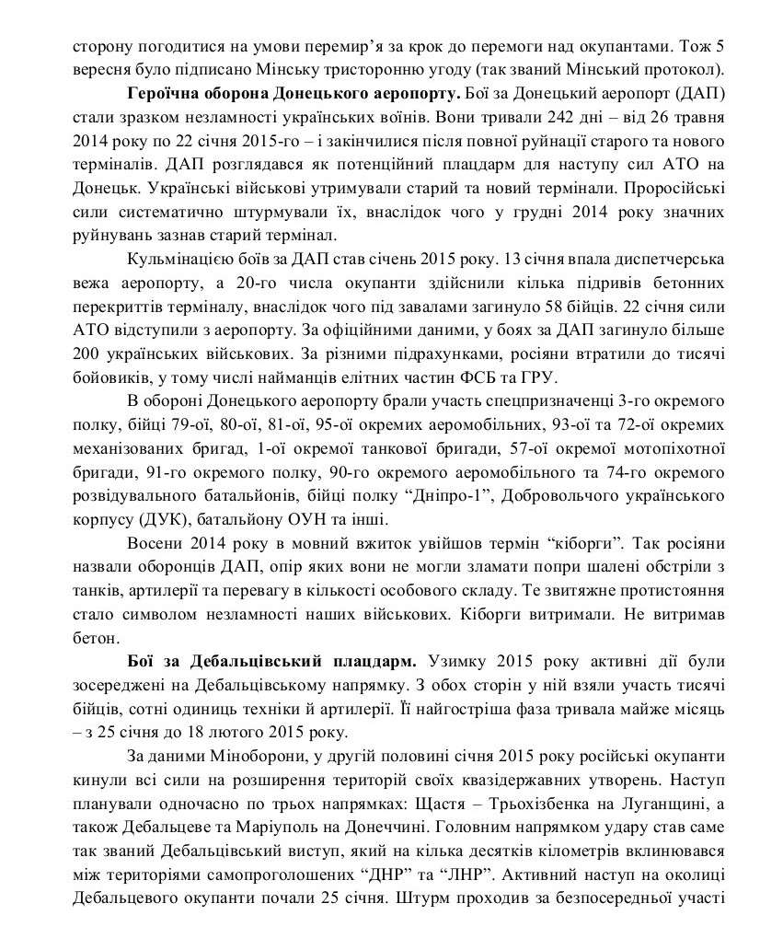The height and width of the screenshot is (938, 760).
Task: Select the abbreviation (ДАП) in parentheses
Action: pyautogui.click(x=700, y=95)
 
